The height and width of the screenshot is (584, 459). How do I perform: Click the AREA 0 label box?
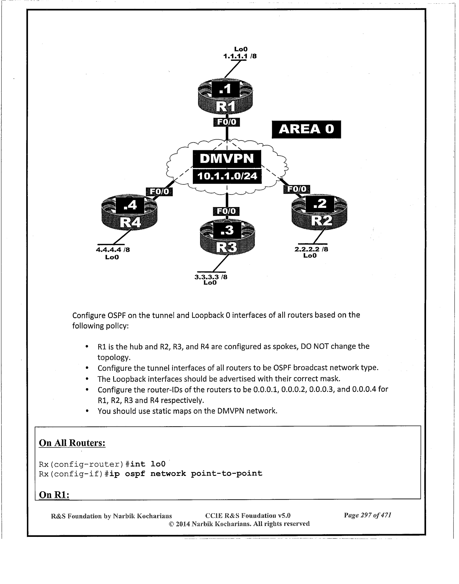click(x=306, y=129)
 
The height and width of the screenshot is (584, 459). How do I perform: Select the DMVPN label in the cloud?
click(x=227, y=159)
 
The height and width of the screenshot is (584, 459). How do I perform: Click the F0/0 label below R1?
click(x=226, y=122)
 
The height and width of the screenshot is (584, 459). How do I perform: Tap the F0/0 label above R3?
click(x=226, y=211)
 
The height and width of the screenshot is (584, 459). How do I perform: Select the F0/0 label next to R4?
click(x=159, y=192)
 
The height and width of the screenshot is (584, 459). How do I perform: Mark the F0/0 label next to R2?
click(x=297, y=189)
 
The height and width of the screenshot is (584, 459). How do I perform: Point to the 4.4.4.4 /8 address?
click(x=113, y=250)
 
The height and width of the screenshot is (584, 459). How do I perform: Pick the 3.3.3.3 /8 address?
click(x=211, y=277)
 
